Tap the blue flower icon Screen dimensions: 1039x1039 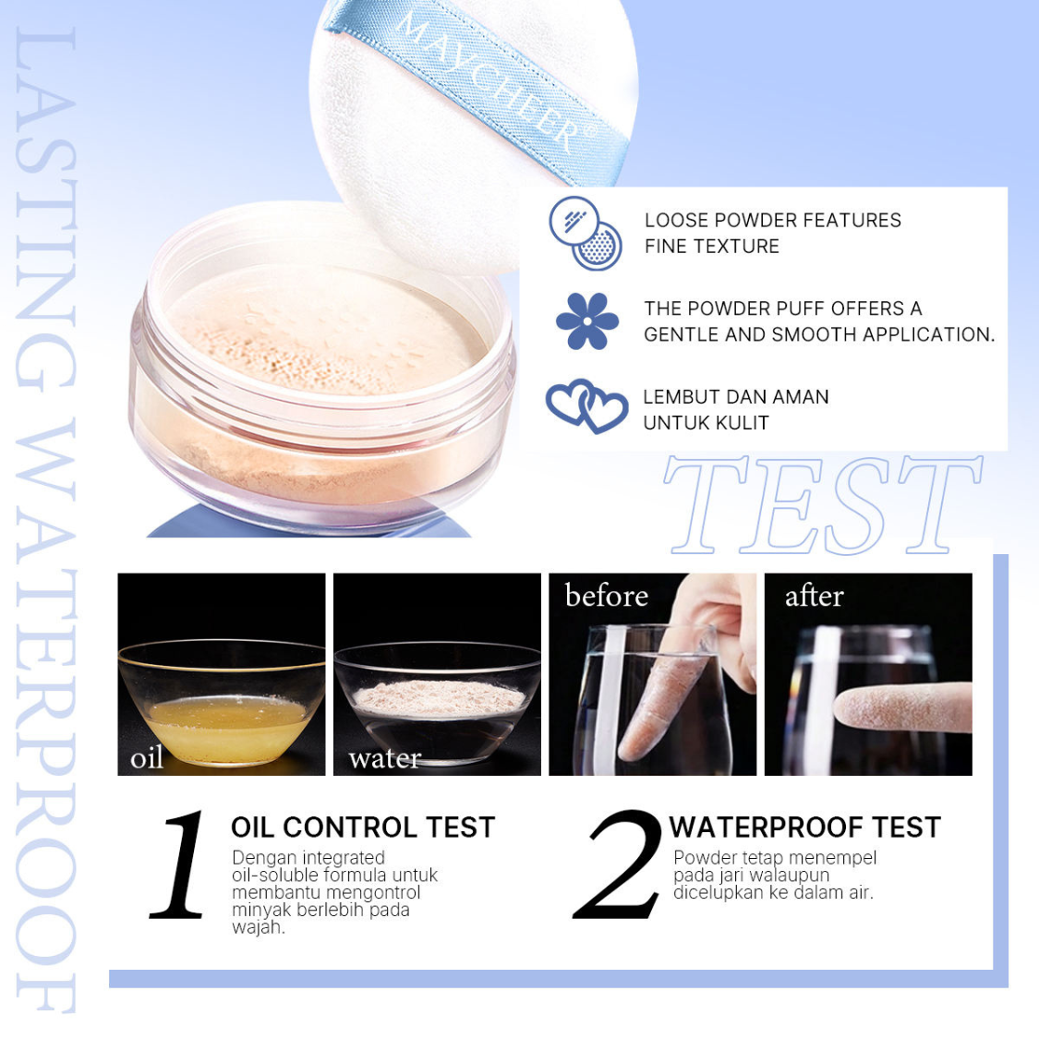point(587,321)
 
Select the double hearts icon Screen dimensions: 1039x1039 point(587,405)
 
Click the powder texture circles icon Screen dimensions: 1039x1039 point(586,233)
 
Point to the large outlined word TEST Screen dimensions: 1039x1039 point(823,505)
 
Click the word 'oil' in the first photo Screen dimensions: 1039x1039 point(147,756)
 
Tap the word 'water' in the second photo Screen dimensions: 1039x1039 point(385,758)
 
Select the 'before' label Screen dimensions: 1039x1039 point(606,595)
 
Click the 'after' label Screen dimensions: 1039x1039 point(815,597)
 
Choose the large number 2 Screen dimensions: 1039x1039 point(617,864)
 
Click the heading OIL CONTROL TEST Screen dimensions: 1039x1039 point(363,828)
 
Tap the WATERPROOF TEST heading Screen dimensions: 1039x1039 point(805,828)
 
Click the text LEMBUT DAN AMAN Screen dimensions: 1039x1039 point(736,397)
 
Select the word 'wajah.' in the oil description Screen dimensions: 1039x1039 point(259,927)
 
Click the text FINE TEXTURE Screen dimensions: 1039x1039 point(712,247)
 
